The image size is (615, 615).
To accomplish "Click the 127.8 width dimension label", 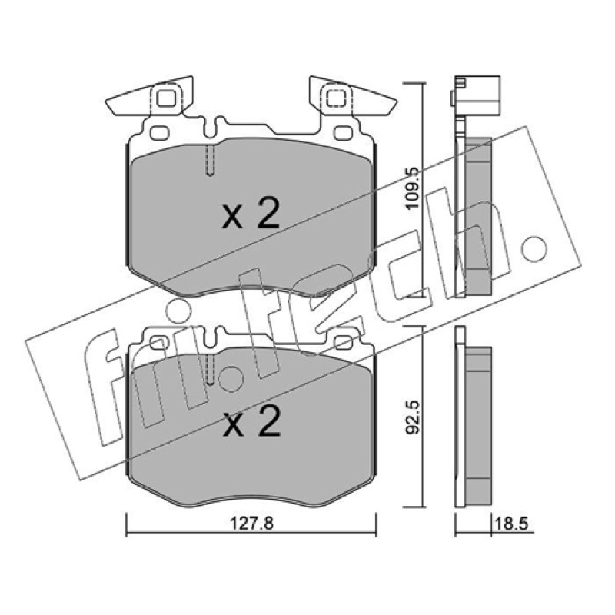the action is [251, 524].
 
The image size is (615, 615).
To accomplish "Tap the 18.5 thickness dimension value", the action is [512, 524].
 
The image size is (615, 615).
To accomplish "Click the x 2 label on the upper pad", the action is [251, 214].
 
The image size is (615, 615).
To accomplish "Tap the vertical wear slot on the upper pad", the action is [210, 160].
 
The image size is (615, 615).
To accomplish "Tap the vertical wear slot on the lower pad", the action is [210, 370].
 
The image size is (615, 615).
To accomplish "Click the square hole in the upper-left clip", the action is [166, 98].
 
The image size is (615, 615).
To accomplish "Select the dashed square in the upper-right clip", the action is [336, 98].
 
